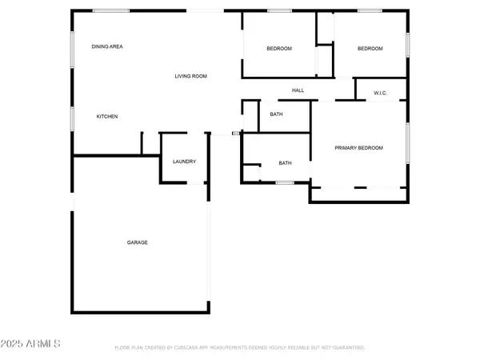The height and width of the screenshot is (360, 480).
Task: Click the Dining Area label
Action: [x=107, y=46]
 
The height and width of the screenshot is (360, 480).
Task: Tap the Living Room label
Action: [x=191, y=76]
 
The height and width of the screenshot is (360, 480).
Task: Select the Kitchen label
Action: [x=107, y=117]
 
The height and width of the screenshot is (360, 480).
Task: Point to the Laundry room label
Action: [x=184, y=162]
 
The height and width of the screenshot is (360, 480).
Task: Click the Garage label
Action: [x=137, y=242]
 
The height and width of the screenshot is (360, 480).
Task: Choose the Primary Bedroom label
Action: [x=358, y=148]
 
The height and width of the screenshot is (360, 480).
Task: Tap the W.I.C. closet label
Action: [x=381, y=94]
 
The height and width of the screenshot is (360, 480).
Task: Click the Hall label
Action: [x=298, y=90]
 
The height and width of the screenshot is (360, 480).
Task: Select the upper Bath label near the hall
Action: [x=276, y=114]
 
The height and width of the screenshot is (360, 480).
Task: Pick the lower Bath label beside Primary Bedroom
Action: [x=285, y=163]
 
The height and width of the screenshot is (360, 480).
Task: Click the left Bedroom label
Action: [x=279, y=49]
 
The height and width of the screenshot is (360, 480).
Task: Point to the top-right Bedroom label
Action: [x=370, y=49]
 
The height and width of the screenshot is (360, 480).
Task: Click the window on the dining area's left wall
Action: [x=73, y=46]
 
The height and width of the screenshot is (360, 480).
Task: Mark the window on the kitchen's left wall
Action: [x=73, y=118]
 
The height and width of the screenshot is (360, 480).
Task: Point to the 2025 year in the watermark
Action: [x=14, y=343]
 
